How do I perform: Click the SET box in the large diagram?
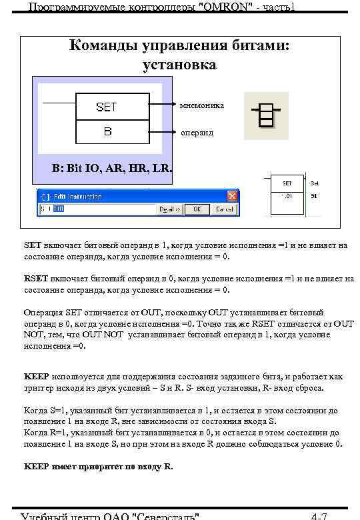point(107,107)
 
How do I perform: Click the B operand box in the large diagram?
point(107,131)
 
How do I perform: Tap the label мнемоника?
point(202,105)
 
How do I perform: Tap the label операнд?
point(197,133)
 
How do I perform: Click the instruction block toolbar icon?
point(266,115)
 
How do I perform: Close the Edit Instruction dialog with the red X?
point(233,196)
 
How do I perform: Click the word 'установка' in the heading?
point(179,65)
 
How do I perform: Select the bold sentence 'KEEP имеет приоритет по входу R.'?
point(98,467)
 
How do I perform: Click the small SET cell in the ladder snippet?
point(287,183)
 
